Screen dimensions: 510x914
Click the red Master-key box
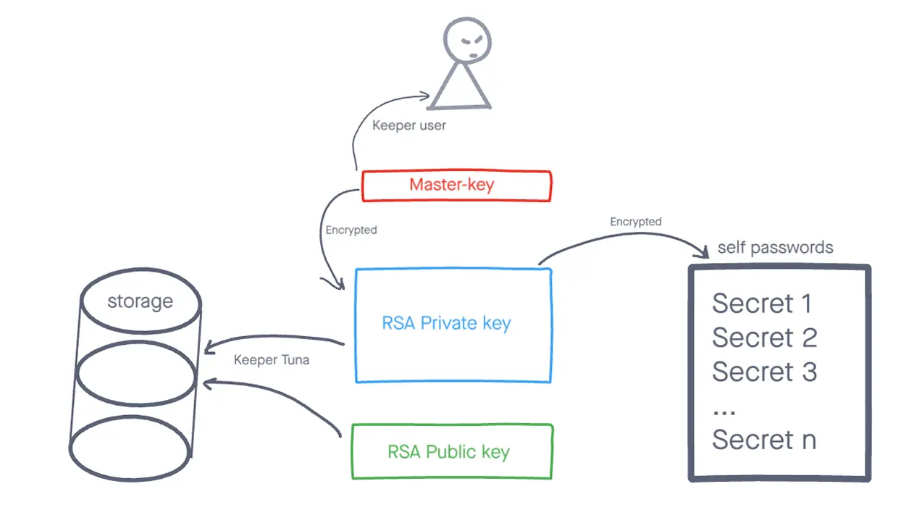(456, 185)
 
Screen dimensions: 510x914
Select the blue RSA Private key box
(453, 325)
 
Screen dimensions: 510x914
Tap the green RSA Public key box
(452, 452)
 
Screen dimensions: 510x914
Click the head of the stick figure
(467, 40)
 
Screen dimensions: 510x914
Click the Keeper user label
(408, 125)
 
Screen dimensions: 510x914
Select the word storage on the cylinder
(140, 301)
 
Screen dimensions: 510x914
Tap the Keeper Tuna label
(272, 359)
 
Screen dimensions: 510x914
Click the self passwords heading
(775, 248)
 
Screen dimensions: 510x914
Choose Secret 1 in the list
(761, 304)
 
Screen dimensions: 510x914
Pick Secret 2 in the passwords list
(764, 338)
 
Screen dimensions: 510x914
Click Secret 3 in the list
(764, 372)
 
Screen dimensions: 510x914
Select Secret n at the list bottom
(763, 440)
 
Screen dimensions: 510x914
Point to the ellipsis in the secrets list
(724, 411)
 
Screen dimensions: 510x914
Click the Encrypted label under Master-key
(351, 230)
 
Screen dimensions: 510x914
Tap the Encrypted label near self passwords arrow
(635, 222)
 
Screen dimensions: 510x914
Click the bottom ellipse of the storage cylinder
(130, 447)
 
